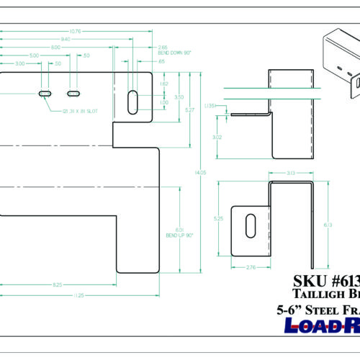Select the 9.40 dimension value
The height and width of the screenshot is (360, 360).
coord(66,39)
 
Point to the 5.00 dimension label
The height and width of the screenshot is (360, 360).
coord(34,55)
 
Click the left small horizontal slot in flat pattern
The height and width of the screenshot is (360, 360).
coord(45,94)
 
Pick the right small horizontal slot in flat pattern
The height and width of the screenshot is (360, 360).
coord(73,94)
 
